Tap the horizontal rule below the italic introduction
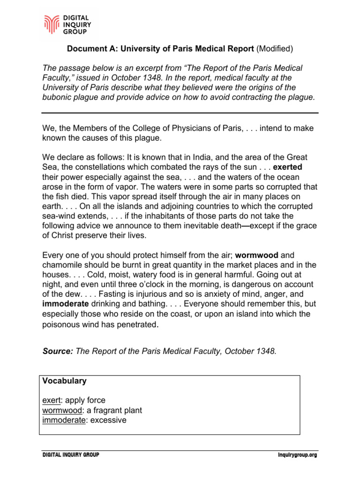pos(180,113)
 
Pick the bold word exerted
pos(288,166)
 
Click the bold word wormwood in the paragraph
pos(256,255)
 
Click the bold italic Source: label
pos(57,352)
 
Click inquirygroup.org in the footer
pos(297,455)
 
